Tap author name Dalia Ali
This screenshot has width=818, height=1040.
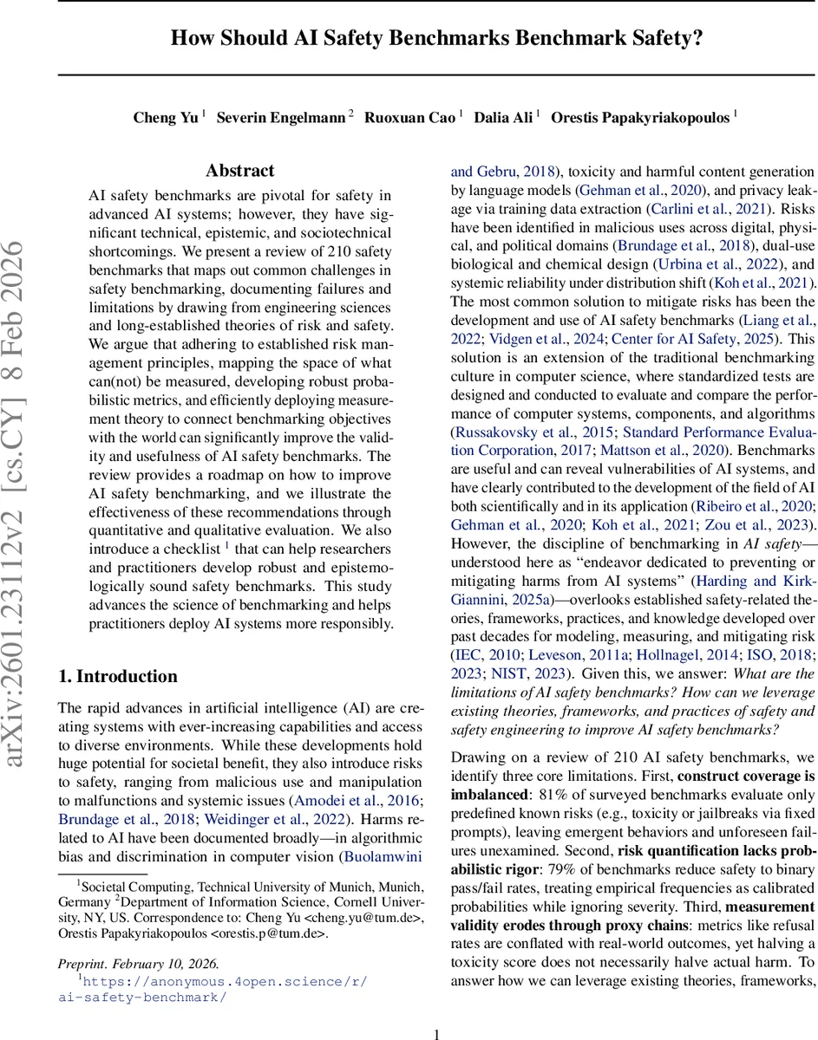click(503, 118)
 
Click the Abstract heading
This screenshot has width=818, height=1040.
click(240, 171)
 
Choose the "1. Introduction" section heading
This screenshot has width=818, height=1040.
click(117, 676)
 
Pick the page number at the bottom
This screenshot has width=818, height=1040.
click(437, 1010)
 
